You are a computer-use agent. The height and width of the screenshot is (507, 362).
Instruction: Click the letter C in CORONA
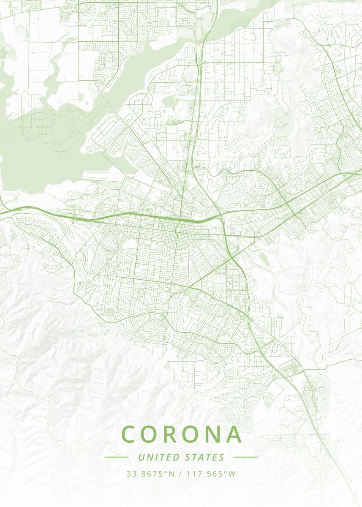pos(130,434)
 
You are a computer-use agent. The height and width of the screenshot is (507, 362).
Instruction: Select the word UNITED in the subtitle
pos(159,457)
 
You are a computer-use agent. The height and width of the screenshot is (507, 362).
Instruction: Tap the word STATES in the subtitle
pos(205,457)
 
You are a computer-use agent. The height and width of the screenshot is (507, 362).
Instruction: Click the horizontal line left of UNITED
pos(116,457)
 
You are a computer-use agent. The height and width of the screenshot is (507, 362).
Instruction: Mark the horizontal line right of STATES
pos(245,457)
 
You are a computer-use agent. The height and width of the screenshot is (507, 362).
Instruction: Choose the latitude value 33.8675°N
pos(150,474)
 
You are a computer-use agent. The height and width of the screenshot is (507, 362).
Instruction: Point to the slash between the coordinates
pos(180,474)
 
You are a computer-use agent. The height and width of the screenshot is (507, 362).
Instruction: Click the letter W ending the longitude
pos(232,474)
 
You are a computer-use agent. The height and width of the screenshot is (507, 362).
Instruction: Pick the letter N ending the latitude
pos(171,474)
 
